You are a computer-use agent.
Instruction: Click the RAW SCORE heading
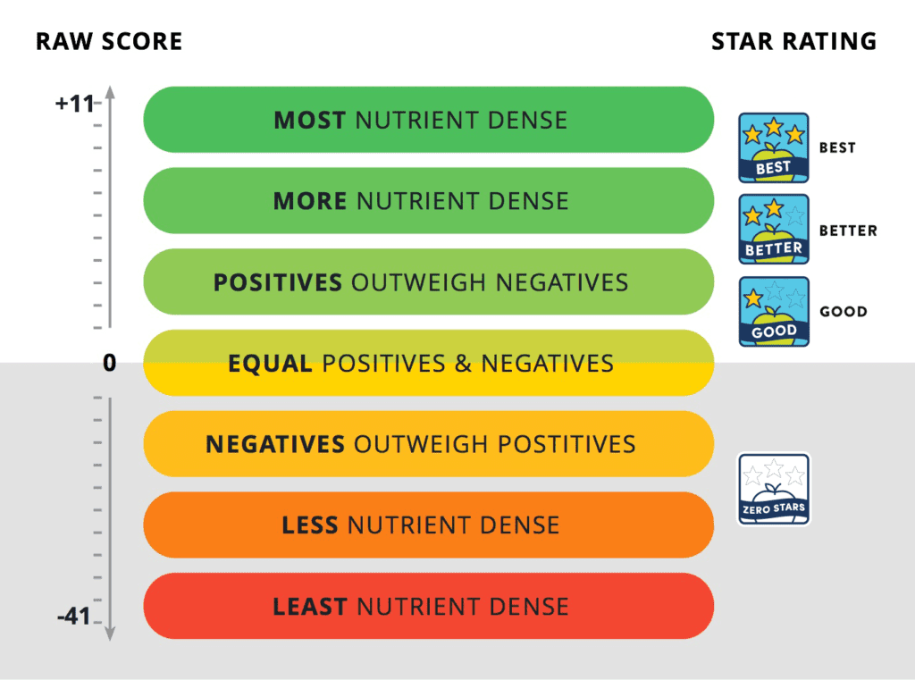(109, 41)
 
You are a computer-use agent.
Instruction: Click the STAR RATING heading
(794, 41)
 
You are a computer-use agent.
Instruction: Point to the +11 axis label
(74, 104)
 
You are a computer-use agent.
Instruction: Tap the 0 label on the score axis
(109, 363)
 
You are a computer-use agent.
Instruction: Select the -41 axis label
(73, 616)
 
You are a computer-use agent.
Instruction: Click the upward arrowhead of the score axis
(110, 92)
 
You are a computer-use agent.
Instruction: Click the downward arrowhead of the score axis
(110, 634)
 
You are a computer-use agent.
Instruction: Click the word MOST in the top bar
(310, 121)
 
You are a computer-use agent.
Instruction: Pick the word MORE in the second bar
(310, 201)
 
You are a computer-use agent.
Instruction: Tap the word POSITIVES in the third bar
(278, 282)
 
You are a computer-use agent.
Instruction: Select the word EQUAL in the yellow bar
(270, 364)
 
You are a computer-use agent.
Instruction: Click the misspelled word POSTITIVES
(567, 444)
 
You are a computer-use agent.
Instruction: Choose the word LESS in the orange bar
(310, 525)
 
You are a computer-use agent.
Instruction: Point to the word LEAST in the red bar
(310, 607)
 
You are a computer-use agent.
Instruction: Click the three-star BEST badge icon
(774, 147)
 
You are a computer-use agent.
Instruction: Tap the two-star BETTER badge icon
(774, 230)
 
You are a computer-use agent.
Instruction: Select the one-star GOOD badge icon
(774, 312)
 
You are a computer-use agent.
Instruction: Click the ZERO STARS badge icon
(774, 489)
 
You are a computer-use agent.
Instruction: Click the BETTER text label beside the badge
(848, 231)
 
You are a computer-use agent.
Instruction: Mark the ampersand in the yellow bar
(464, 364)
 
